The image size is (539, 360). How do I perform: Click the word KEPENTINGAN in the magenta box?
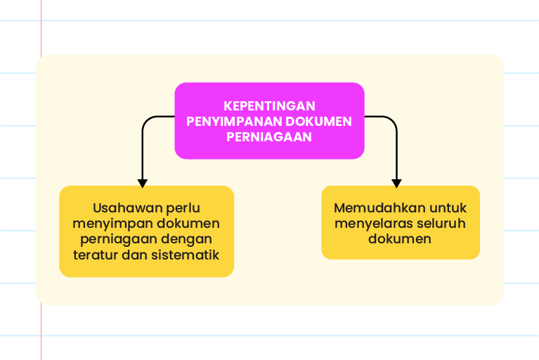pyautogui.click(x=269, y=106)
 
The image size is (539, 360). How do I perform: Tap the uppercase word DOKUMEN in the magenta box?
pyautogui.click(x=318, y=122)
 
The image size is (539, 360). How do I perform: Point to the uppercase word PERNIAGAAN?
pyautogui.click(x=269, y=137)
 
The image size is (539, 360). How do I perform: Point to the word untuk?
pyautogui.click(x=448, y=208)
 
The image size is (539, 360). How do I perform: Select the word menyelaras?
pyautogui.click(x=373, y=224)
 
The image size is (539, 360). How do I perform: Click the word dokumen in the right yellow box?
pyautogui.click(x=399, y=238)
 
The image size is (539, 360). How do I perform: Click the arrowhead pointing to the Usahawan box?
pyautogui.click(x=143, y=184)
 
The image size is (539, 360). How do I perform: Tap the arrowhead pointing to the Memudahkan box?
pyautogui.click(x=396, y=184)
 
